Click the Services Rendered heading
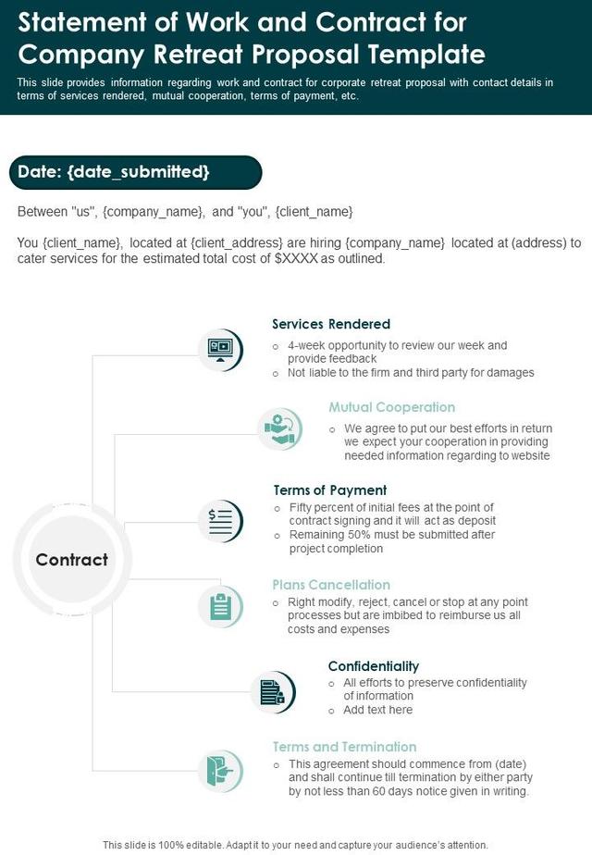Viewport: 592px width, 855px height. click(x=331, y=324)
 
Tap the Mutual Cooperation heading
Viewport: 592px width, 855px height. click(x=392, y=407)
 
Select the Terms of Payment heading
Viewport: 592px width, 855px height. click(x=330, y=489)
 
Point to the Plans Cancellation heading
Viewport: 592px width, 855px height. click(x=331, y=585)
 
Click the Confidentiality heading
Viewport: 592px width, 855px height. click(x=374, y=665)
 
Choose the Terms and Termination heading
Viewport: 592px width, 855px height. click(x=344, y=747)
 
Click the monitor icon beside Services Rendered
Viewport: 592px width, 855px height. click(x=220, y=350)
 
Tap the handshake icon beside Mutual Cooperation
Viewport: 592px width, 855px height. click(x=278, y=428)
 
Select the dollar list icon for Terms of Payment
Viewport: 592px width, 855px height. click(x=220, y=521)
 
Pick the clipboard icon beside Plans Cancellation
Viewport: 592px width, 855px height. click(x=220, y=607)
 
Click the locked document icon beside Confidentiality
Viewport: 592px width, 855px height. click(x=272, y=692)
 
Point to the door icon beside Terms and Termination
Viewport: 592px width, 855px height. click(x=220, y=770)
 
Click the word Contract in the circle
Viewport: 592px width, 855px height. click(x=71, y=560)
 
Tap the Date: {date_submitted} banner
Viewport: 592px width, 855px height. click(x=134, y=172)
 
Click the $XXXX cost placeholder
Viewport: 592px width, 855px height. click(x=296, y=259)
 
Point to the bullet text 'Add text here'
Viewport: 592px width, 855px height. click(x=378, y=710)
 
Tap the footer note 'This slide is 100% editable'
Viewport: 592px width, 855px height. click(x=295, y=845)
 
